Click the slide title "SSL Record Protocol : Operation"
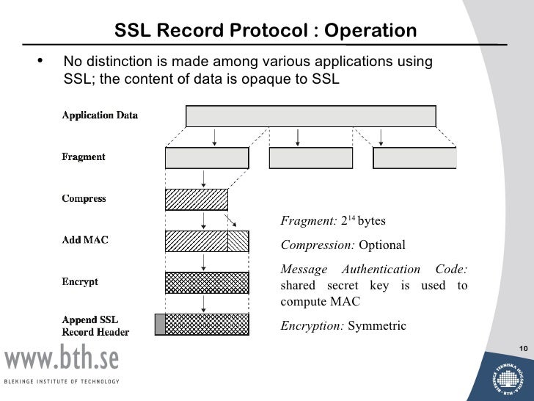coord(266,32)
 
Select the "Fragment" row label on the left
coord(84,157)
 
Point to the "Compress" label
coord(84,199)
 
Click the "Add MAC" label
coord(85,240)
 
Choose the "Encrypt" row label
coord(80,282)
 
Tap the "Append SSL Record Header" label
coord(95,326)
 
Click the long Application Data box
coord(311,116)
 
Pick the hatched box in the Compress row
coord(197,200)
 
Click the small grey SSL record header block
coord(160,324)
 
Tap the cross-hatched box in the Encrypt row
coord(207,283)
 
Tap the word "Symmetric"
coord(376,325)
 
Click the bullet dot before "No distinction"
coord(40,62)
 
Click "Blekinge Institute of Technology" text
coord(62,382)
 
